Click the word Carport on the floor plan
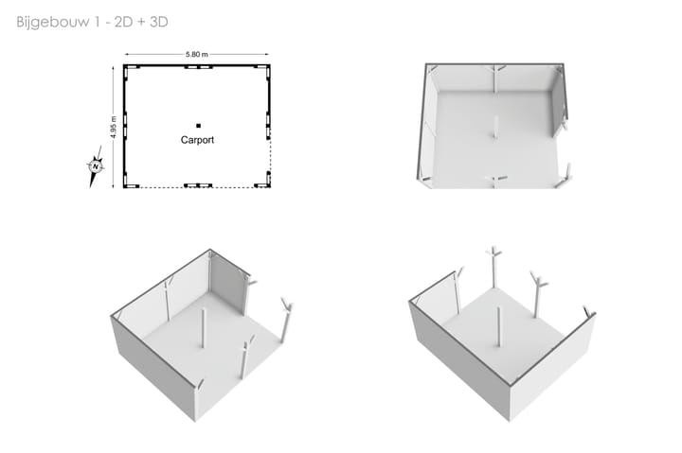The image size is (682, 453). pos(197,140)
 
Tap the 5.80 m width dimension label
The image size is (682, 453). pos(197,54)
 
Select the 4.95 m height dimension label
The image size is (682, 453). pos(114,128)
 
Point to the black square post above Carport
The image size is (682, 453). pos(198,126)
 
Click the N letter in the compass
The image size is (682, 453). pos(96,166)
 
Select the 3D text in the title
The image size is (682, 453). pos(159,22)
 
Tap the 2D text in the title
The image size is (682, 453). pos(123,22)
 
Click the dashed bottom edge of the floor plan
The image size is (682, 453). pos(197,187)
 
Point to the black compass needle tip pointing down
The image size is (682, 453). pos(91,186)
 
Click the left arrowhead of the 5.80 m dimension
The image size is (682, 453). pos(127,54)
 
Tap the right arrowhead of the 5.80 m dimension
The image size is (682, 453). pos(266,54)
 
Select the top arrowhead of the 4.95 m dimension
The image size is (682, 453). pos(114,69)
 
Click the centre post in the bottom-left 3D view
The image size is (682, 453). pos(203,328)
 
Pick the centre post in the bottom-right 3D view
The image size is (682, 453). pos(498,326)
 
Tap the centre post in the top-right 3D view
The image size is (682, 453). pos(495,127)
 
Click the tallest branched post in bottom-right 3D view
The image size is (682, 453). pos(494,267)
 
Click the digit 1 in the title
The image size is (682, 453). pos(96,22)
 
